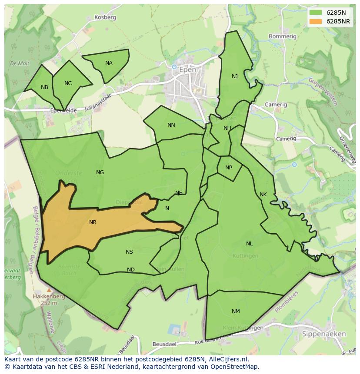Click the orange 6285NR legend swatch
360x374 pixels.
(316, 21)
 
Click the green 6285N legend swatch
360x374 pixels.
(316, 12)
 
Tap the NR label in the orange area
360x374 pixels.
(93, 222)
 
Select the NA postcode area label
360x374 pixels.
(109, 63)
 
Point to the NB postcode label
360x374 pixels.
(44, 87)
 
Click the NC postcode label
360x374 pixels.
(68, 83)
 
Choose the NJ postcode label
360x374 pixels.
(235, 76)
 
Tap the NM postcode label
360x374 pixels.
(236, 311)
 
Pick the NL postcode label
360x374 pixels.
(249, 244)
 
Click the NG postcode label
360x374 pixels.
(100, 172)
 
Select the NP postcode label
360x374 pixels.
(229, 168)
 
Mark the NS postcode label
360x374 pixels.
(129, 252)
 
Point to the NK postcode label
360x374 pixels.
(263, 195)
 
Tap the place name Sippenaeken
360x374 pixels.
(324, 334)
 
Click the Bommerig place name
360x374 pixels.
(282, 36)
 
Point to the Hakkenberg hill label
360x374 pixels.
(49, 297)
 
